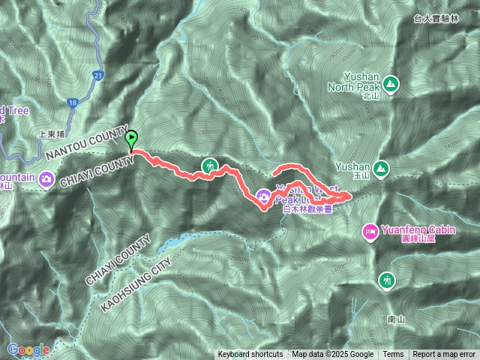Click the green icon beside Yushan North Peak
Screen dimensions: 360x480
(x=390, y=82)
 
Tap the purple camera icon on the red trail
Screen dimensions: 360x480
(x=264, y=197)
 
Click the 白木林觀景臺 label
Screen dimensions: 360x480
(x=307, y=211)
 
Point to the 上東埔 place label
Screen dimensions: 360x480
(x=51, y=136)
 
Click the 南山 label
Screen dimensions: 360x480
(x=397, y=319)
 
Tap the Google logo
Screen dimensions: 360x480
(x=28, y=349)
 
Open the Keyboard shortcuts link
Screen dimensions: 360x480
(x=250, y=355)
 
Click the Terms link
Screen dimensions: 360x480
(x=393, y=355)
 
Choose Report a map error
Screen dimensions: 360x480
(x=445, y=355)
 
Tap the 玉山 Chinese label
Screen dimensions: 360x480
(x=367, y=175)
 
